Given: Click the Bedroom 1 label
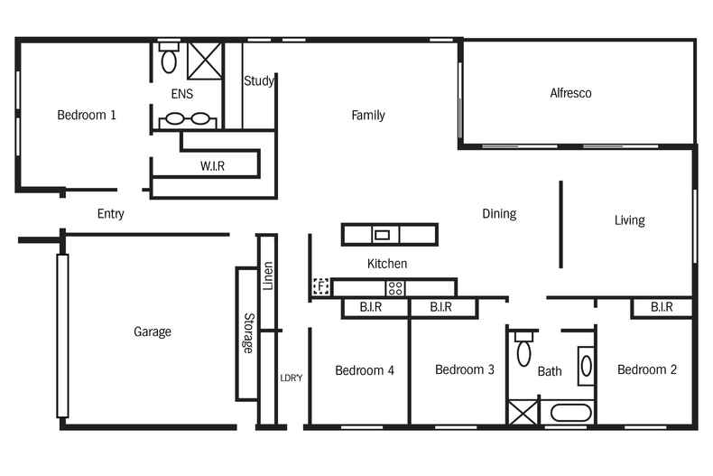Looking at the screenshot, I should pyautogui.click(x=87, y=115).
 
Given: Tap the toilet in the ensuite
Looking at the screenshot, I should pyautogui.click(x=169, y=59).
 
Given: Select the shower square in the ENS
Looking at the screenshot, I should pyautogui.click(x=205, y=60).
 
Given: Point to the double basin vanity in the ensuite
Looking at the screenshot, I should pyautogui.click(x=187, y=118).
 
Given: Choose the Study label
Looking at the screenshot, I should pyautogui.click(x=259, y=81).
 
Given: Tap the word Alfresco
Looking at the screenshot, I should pyautogui.click(x=570, y=93).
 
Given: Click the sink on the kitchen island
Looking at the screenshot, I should pyautogui.click(x=382, y=235).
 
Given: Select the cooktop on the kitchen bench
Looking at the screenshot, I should pyautogui.click(x=395, y=288).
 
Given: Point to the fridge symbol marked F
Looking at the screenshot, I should pyautogui.click(x=320, y=287).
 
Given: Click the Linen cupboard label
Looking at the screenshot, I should pyautogui.click(x=267, y=275).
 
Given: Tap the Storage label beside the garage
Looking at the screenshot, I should pyautogui.click(x=247, y=333).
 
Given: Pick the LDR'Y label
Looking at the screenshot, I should pyautogui.click(x=291, y=377).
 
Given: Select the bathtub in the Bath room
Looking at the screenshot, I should pyautogui.click(x=569, y=415).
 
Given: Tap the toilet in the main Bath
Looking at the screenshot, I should pyautogui.click(x=523, y=350).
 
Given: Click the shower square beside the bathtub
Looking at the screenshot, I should pyautogui.click(x=522, y=413).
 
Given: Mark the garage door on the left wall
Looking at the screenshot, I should pyautogui.click(x=62, y=335).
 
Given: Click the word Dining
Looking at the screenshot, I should pyautogui.click(x=498, y=214).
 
